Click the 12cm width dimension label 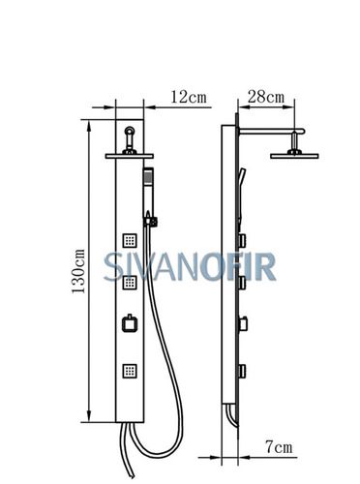tap(189, 97)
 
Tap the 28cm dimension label tap(266, 97)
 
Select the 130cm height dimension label tap(78, 271)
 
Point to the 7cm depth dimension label tap(279, 447)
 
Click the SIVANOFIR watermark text tap(190, 266)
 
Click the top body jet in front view tap(130, 240)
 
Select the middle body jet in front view tap(130, 283)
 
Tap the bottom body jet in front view tap(130, 371)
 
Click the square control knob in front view tap(130, 323)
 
